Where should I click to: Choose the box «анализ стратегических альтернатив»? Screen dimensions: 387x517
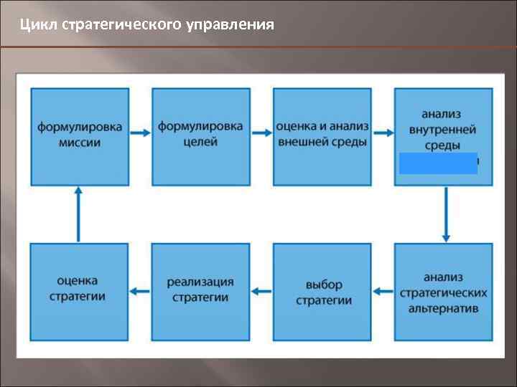tap(443, 292)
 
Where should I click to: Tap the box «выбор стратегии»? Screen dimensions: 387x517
tap(322, 292)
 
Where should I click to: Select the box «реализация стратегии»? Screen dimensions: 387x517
tap(200, 292)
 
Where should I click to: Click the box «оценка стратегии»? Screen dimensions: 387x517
tap(80, 292)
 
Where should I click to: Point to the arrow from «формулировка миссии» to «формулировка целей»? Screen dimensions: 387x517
tap(141, 133)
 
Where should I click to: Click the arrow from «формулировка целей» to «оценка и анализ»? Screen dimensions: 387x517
tap(262, 133)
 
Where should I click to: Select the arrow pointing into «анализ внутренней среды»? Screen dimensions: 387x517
tap(383, 133)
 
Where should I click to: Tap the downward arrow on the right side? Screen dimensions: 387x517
tap(446, 214)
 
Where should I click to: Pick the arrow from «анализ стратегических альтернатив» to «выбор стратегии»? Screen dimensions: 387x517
tap(383, 292)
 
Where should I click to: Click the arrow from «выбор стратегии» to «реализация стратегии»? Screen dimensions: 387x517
tap(262, 292)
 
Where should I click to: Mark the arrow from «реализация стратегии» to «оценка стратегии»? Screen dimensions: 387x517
tap(141, 292)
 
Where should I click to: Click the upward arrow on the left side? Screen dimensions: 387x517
tap(78, 214)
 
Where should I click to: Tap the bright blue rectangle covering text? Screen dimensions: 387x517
tap(438, 163)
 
